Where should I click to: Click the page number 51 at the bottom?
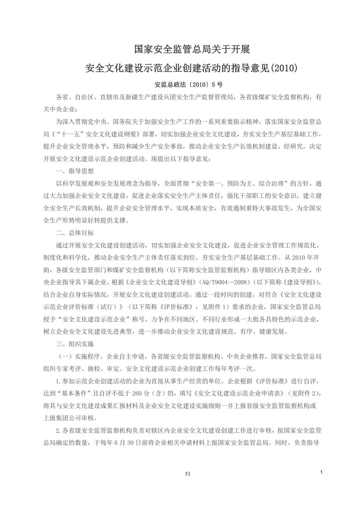coord(188,474)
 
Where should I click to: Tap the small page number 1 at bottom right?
coord(321,472)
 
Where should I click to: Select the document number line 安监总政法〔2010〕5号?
coord(188,85)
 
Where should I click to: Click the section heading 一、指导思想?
coord(75,171)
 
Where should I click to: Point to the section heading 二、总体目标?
coord(75,233)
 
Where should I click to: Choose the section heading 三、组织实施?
coord(75,344)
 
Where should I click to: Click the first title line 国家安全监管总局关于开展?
coord(192,49)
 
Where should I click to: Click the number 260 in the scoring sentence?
coord(137,393)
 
